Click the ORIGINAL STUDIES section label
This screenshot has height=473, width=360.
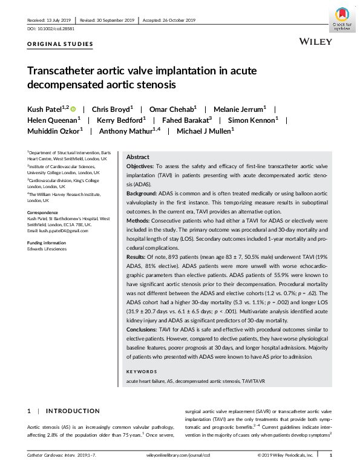tap(61, 44)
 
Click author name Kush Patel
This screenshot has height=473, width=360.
tap(44, 109)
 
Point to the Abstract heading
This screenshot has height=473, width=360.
tap(137, 156)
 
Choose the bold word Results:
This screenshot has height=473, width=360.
tap(137, 256)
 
